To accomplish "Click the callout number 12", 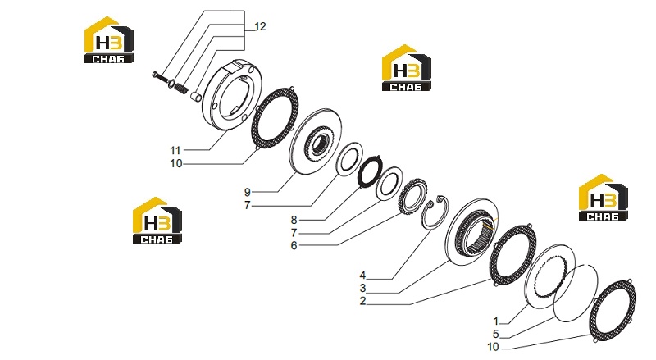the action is pos(260,26).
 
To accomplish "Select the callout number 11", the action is pos(175,150).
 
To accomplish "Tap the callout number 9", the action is pos(248,192).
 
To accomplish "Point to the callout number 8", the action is pos(294,220).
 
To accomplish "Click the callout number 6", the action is pos(294,246).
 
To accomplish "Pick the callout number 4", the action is pos(362,275).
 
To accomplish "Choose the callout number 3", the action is pos(362,288).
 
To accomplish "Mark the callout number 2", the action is pos(362,301).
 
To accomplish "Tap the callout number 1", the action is pos(496,321).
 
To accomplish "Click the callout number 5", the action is pos(496,334).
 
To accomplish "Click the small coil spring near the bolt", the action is pos(180,89).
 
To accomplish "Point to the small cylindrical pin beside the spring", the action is pos(196,96).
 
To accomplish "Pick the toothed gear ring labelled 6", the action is pos(413,195).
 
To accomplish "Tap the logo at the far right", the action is pos(603,197).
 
